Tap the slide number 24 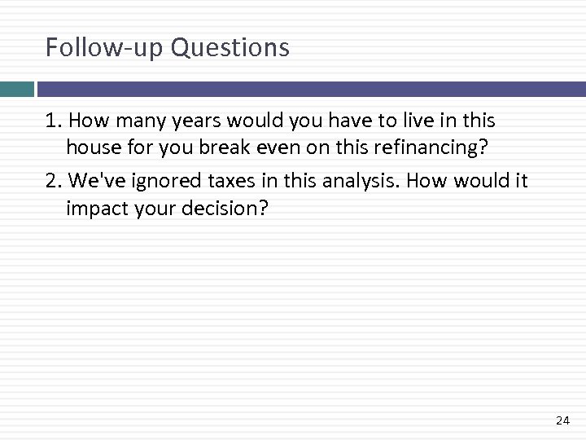click(x=562, y=420)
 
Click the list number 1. click(x=53, y=121)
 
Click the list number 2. click(x=53, y=180)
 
